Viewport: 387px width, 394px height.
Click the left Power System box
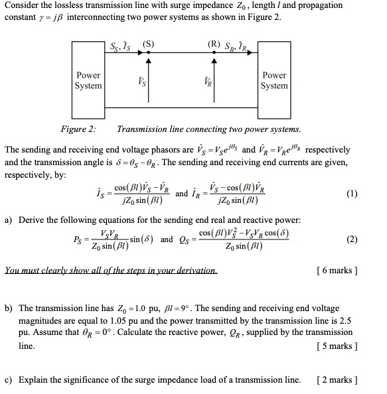[x=88, y=81]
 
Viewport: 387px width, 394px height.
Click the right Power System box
[x=274, y=81]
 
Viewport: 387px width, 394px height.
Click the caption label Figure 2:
[x=78, y=129]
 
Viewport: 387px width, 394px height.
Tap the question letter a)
[x=9, y=220]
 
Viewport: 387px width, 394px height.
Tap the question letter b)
[x=9, y=309]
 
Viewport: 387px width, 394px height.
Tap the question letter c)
[x=9, y=380]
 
